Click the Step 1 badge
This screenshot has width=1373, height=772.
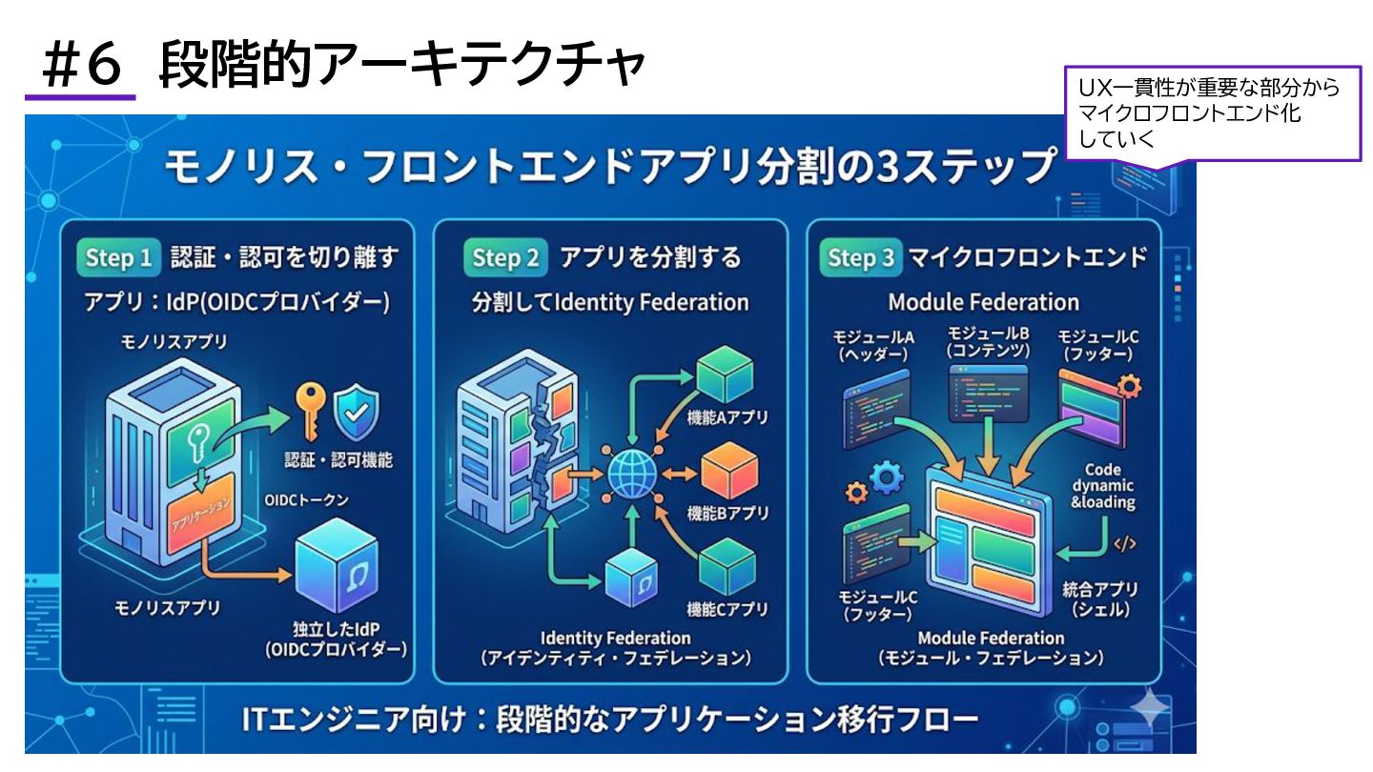click(118, 258)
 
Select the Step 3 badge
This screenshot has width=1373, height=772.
click(860, 258)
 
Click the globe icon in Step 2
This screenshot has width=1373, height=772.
click(630, 472)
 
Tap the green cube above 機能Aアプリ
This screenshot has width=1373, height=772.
click(726, 375)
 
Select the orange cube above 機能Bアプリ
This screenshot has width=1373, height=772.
click(729, 472)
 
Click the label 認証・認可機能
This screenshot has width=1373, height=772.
click(338, 460)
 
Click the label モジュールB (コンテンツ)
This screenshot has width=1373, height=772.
click(988, 342)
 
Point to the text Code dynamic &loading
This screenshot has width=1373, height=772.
click(1103, 486)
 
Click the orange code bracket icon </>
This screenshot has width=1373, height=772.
click(1125, 544)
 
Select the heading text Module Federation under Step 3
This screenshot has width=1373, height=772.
click(983, 303)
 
